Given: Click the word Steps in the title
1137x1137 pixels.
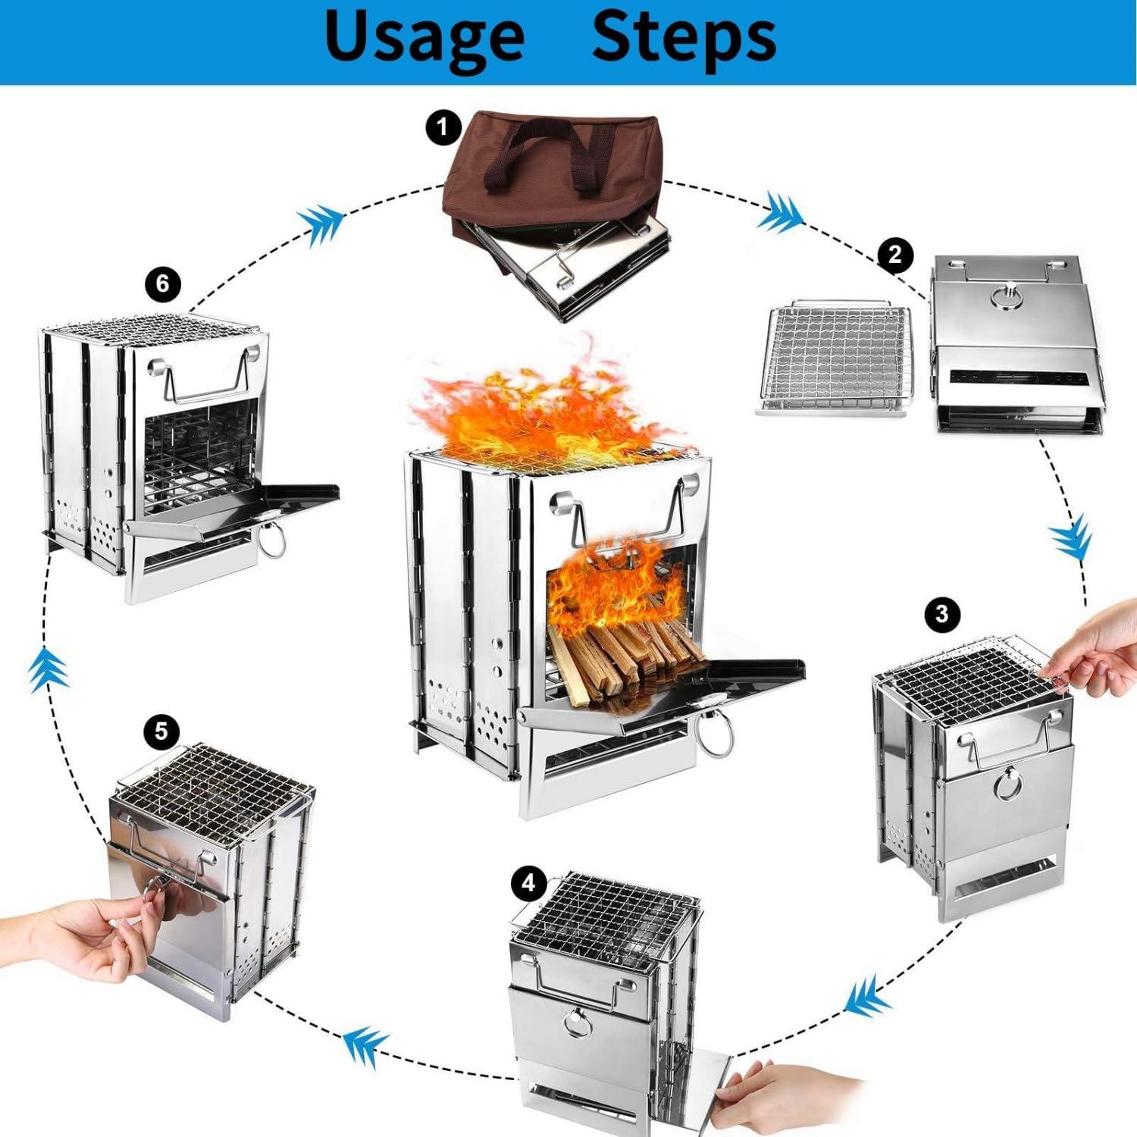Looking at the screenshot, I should click(684, 36).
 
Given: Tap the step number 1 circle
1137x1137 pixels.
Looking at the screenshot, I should click(443, 127).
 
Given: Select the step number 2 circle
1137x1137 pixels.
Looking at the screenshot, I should click(895, 254).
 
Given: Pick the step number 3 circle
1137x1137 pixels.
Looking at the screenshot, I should click(942, 612).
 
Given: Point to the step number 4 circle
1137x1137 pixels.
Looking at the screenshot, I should click(528, 882).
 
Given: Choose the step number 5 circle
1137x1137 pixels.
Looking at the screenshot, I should click(161, 731).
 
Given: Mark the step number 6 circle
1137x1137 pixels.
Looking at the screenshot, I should click(162, 284).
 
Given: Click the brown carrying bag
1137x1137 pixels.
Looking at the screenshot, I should click(552, 182).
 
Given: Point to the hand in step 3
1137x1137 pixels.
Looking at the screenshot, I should click(1095, 652).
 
